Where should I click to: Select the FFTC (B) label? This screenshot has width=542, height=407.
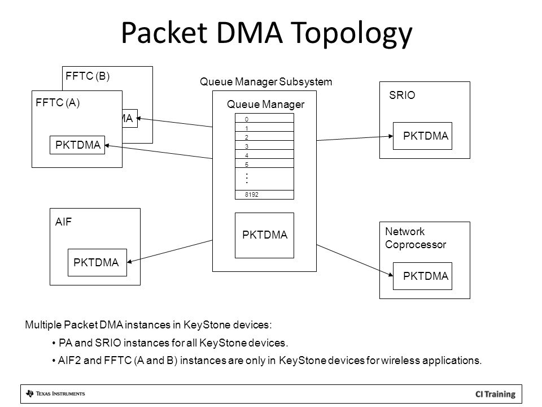(88, 76)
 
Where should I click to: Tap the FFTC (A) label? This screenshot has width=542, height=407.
(58, 102)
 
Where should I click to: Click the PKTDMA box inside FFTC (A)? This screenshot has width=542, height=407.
(77, 145)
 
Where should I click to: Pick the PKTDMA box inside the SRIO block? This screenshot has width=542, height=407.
(422, 136)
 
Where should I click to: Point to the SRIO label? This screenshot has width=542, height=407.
(402, 95)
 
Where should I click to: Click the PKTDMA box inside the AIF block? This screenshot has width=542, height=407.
(97, 262)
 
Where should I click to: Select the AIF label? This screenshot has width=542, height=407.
(63, 222)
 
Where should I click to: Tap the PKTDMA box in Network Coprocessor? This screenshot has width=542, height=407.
(422, 276)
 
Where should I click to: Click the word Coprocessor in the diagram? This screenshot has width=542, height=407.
(416, 245)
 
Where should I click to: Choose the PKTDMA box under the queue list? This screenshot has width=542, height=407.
(264, 235)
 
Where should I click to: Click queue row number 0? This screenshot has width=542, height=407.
(264, 118)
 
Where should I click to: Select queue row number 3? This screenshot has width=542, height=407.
(264, 145)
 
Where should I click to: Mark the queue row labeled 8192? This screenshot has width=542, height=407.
(264, 194)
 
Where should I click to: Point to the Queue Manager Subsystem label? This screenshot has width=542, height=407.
(266, 82)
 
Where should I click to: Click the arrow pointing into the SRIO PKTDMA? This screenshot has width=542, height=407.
(355, 138)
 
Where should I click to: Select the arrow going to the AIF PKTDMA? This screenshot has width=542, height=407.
(170, 251)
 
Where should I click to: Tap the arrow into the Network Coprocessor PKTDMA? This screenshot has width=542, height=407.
(355, 261)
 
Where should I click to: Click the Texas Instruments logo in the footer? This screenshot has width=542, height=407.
(55, 393)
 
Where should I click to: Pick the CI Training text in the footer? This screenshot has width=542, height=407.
(495, 394)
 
